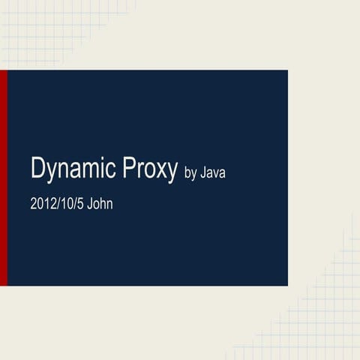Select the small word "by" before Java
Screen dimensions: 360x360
[x=190, y=173]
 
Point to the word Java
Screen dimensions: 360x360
[x=213, y=172]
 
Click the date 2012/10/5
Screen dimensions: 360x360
[x=57, y=204]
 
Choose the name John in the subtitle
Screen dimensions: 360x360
[x=100, y=204]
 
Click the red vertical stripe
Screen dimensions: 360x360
[x=4, y=178]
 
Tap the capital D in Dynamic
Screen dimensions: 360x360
[x=37, y=167]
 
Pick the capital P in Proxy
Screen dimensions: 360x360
[x=129, y=167]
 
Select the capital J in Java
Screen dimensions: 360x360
[x=204, y=172]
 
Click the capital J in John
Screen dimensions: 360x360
[x=90, y=204]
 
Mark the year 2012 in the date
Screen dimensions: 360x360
[x=43, y=204]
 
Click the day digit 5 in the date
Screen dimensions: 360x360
[x=80, y=204]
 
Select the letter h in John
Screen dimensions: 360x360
[x=103, y=204]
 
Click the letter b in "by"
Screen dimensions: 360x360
[x=187, y=172]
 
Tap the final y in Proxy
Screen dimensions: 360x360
[x=171, y=173]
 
